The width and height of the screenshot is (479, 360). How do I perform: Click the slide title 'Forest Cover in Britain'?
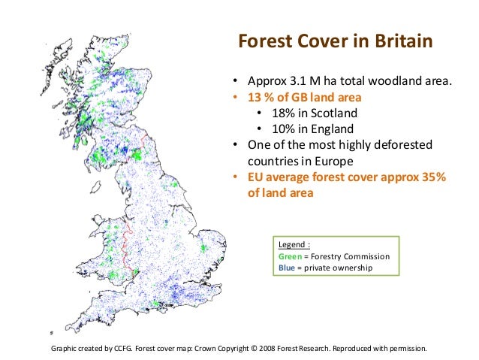[335, 41]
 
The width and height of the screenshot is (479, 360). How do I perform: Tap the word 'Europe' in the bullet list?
[334, 161]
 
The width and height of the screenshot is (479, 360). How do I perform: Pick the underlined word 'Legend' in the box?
[293, 244]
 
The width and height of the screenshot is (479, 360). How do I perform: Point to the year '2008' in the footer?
[290, 349]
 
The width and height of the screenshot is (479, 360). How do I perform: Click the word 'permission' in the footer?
[407, 349]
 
